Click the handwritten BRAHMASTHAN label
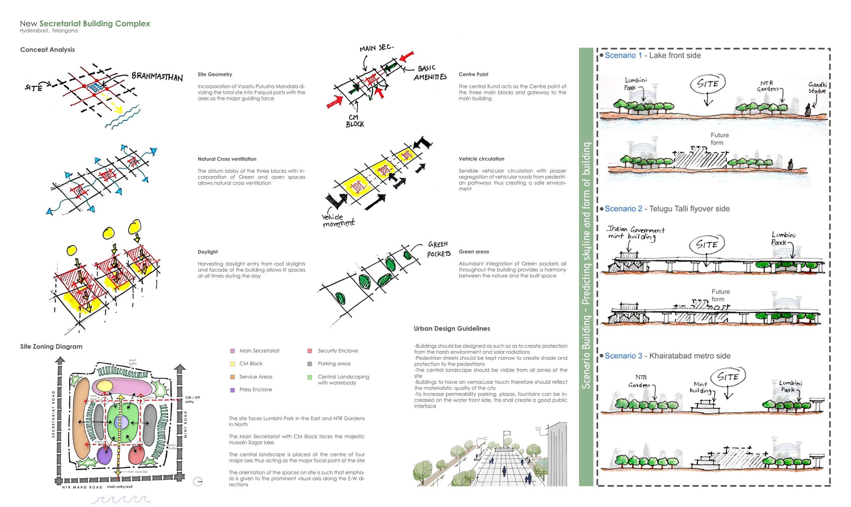click(x=157, y=77)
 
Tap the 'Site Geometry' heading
click(x=215, y=74)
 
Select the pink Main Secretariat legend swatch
click(x=233, y=351)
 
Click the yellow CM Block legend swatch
click(x=233, y=364)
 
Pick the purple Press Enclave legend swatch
click(x=233, y=390)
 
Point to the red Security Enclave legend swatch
click(x=310, y=351)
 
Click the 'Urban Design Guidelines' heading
click(x=452, y=329)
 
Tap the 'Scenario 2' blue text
click(x=623, y=209)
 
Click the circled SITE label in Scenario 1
click(x=708, y=83)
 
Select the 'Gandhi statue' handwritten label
click(x=817, y=88)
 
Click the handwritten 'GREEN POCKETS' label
click(x=438, y=249)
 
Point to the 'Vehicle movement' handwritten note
click(x=338, y=220)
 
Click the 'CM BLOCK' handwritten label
click(x=355, y=121)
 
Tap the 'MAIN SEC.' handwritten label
click(x=376, y=48)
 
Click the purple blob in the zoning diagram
click(x=105, y=456)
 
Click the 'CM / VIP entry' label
click(x=192, y=400)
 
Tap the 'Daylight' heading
click(x=208, y=252)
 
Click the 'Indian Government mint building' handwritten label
click(x=635, y=233)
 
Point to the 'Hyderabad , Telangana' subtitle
click(x=49, y=31)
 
